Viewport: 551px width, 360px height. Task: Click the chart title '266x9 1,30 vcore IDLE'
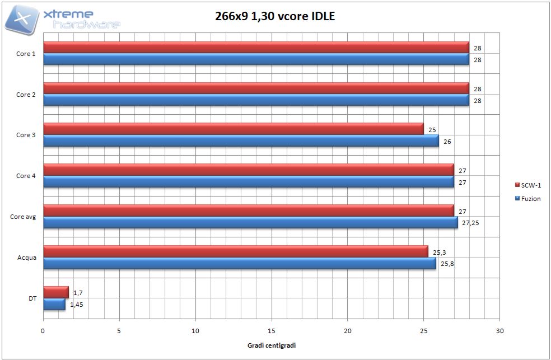[x=275, y=16]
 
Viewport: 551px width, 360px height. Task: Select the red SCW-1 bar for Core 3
[x=234, y=129]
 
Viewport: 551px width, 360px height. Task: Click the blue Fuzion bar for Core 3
[x=241, y=141]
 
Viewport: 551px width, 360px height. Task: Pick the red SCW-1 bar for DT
[x=55, y=292]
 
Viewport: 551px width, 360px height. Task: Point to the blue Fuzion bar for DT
[x=54, y=304]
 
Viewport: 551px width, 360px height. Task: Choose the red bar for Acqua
[x=235, y=251]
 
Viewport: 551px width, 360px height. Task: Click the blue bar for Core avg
[x=250, y=222]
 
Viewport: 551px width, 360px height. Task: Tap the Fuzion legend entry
[x=527, y=198]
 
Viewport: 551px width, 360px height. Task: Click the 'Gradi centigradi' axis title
[x=272, y=345]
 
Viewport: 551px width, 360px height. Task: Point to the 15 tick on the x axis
[x=272, y=330]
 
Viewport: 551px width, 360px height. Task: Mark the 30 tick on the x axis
[x=500, y=330]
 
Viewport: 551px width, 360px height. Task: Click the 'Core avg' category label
[x=23, y=217]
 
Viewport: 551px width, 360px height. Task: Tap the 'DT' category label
[x=32, y=298]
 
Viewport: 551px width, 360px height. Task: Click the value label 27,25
[x=471, y=223]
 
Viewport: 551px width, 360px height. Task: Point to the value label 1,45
[x=77, y=305]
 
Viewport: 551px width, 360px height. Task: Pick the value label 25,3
[x=440, y=253]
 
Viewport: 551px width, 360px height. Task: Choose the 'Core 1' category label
[x=26, y=54]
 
